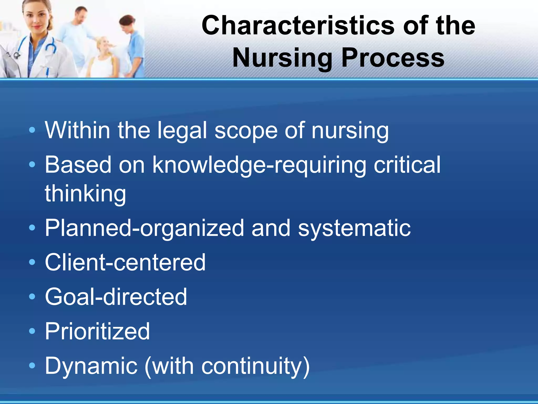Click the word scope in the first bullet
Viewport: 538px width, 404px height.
coord(246,130)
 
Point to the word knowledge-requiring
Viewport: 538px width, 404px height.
coord(259,165)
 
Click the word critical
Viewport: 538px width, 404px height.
coord(407,165)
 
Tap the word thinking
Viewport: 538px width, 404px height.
coord(85,194)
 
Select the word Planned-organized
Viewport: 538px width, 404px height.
coord(144,228)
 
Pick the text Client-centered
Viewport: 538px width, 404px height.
coord(125,262)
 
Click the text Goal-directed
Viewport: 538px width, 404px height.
coord(116,297)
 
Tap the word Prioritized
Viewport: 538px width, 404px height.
coord(97,331)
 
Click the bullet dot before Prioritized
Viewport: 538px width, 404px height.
coord(32,331)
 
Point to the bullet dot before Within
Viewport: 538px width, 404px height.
coord(32,130)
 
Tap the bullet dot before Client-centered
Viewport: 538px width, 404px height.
coord(32,262)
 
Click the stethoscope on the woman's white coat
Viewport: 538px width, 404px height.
coord(50,47)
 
